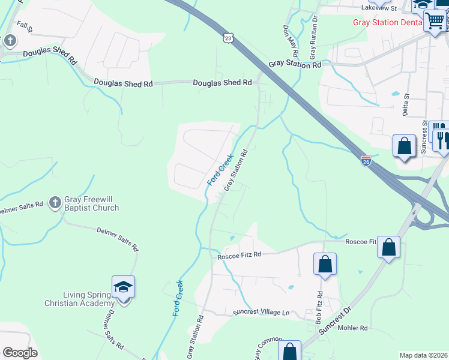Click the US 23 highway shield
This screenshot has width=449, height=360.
(x=227, y=38)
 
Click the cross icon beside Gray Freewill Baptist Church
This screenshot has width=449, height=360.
(x=55, y=202)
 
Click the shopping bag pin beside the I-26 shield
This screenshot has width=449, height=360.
(x=404, y=146)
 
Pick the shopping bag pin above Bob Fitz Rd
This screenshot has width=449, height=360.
(x=325, y=264)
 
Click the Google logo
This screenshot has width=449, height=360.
(x=20, y=353)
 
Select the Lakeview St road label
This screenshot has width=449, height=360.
(x=379, y=9)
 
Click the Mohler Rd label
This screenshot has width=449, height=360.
(x=353, y=328)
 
